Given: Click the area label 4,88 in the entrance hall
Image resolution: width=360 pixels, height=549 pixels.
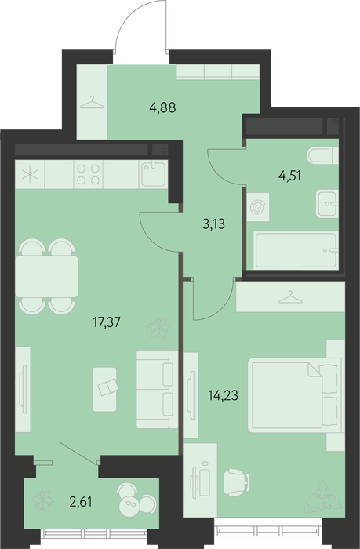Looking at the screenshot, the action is (162, 107).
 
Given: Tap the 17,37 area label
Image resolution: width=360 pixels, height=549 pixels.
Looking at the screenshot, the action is (106, 322).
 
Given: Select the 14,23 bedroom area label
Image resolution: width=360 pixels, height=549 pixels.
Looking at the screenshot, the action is (223, 395).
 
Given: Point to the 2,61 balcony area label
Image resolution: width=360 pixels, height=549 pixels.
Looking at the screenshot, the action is (81, 502).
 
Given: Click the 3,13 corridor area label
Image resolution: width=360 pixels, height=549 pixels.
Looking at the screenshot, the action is (213, 223).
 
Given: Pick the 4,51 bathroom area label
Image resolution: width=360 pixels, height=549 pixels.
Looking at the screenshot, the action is (289, 176).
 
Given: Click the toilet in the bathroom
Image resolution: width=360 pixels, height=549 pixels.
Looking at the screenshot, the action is (322, 155).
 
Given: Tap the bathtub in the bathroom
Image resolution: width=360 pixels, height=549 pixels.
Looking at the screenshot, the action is (296, 250).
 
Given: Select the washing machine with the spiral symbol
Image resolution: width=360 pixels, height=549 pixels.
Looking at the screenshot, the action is (258, 207).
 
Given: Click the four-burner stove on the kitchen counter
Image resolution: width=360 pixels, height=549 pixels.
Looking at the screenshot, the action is (89, 174).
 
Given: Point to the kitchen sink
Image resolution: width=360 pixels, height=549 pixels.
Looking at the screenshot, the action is (154, 174).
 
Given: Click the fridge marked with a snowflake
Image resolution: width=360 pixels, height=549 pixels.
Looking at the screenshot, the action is (30, 174).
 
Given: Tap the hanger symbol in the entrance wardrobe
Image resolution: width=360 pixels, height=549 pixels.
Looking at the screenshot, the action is (92, 102).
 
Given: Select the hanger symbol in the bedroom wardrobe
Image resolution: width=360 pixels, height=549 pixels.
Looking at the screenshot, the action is (290, 297).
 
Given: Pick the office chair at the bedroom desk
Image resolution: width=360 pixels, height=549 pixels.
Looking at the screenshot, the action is (237, 482).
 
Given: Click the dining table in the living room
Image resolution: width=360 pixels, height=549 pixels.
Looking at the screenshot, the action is (46, 277).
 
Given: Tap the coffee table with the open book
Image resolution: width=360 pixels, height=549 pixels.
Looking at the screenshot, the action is (105, 389).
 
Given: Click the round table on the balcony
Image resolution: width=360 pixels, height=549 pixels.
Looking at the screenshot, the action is (129, 504).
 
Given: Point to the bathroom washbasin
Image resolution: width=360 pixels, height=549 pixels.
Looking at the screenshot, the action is (327, 204).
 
